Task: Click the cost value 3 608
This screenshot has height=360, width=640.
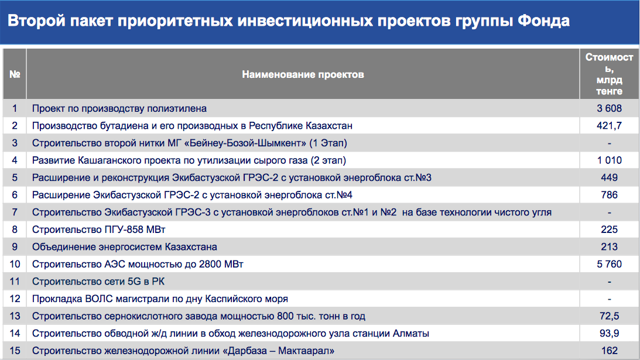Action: click(x=609, y=108)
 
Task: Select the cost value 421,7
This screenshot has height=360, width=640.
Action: click(x=609, y=126)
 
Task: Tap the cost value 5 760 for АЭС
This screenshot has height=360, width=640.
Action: click(x=609, y=264)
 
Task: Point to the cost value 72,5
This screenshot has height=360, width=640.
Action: click(x=610, y=316)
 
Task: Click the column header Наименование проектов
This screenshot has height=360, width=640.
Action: click(x=303, y=74)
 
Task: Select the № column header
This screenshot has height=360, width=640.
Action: click(x=15, y=74)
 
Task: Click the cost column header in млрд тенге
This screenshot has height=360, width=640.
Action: click(x=609, y=74)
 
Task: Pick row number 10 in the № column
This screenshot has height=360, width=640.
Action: click(x=15, y=264)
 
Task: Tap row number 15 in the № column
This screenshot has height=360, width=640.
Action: click(x=15, y=351)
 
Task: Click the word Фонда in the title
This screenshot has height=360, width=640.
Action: click(x=543, y=20)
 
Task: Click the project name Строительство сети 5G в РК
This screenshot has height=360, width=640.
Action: click(x=98, y=282)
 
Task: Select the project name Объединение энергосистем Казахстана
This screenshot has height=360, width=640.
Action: click(x=125, y=247)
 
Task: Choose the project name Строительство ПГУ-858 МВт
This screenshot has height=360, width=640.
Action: click(x=99, y=229)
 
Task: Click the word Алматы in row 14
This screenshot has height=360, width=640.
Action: click(x=410, y=334)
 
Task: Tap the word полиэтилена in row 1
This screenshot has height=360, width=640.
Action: click(x=177, y=108)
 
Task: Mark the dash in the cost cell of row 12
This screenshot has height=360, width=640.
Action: click(x=610, y=299)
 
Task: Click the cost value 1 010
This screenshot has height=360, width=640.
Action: click(x=610, y=160)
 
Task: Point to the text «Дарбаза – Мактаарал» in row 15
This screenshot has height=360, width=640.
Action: click(x=279, y=351)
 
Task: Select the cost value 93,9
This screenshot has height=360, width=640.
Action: click(x=610, y=334)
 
